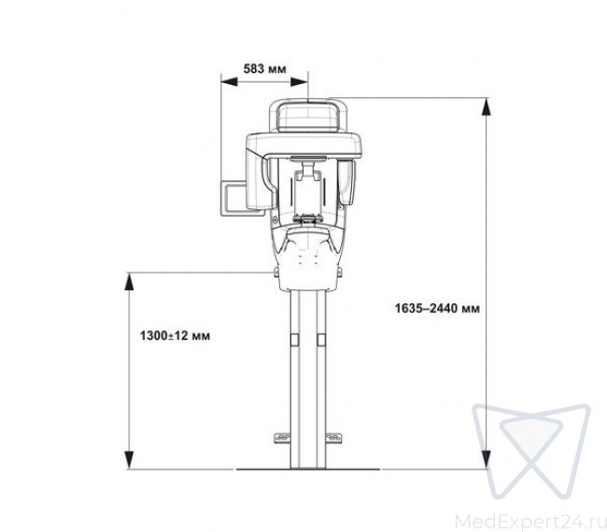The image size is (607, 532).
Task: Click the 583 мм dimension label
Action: [x=265, y=69]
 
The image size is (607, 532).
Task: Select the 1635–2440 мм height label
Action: [x=437, y=308]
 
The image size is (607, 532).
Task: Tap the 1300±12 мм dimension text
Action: [x=175, y=335]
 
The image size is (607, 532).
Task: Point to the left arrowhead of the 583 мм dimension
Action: [x=229, y=81]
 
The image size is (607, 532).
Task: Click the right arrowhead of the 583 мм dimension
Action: [x=299, y=81]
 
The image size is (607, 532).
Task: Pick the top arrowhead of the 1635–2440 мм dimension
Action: [x=486, y=106]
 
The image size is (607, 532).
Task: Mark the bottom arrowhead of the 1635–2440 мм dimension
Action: [x=486, y=460]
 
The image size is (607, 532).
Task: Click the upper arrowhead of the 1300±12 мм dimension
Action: [x=129, y=281]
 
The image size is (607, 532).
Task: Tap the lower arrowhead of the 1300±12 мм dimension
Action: [x=129, y=460]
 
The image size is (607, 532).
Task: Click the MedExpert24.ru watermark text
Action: [x=530, y=522]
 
